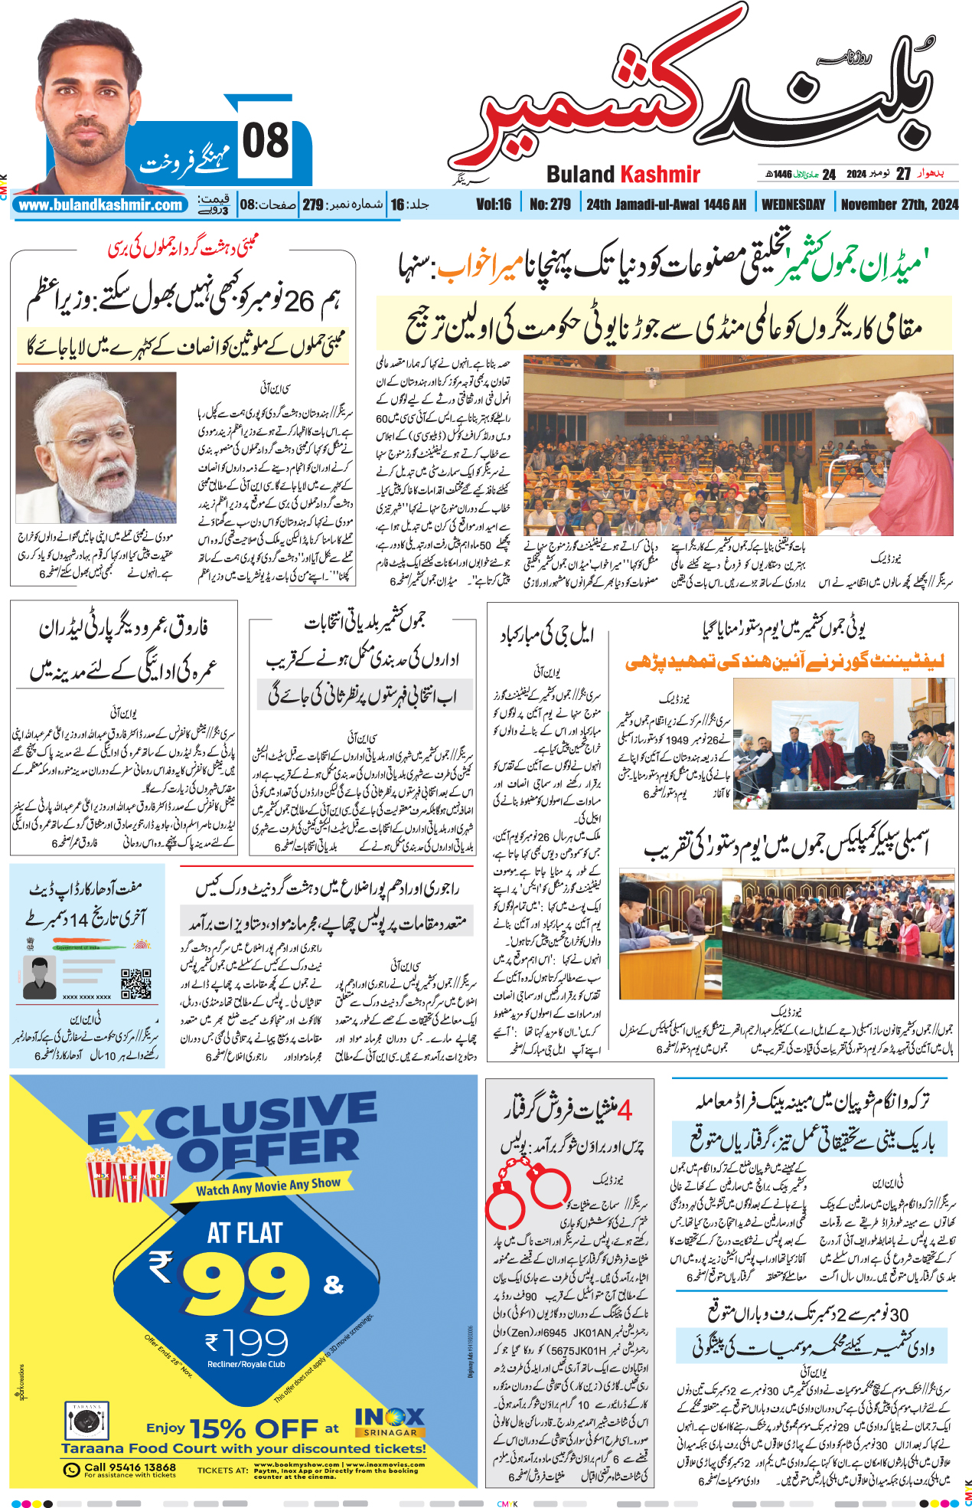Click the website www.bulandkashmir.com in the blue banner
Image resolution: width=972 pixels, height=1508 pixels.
(x=101, y=205)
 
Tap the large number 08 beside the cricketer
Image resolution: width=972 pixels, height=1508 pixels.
(x=266, y=141)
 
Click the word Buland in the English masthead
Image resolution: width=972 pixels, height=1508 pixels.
(x=580, y=175)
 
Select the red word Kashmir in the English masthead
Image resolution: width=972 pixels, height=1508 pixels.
(x=660, y=175)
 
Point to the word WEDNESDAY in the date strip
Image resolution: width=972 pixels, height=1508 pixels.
(x=794, y=204)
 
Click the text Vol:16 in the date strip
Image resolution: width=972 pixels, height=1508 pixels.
(x=494, y=204)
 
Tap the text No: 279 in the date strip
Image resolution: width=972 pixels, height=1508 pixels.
(x=550, y=204)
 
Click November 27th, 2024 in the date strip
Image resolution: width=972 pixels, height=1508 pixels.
(x=899, y=204)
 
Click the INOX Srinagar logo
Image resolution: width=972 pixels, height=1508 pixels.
(x=390, y=1421)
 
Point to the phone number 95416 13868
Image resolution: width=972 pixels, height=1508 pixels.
(x=129, y=1467)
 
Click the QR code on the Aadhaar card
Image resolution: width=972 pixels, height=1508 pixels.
(x=136, y=984)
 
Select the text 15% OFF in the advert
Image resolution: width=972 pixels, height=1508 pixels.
(x=253, y=1428)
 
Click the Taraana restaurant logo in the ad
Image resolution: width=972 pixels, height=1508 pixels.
(x=86, y=1421)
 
